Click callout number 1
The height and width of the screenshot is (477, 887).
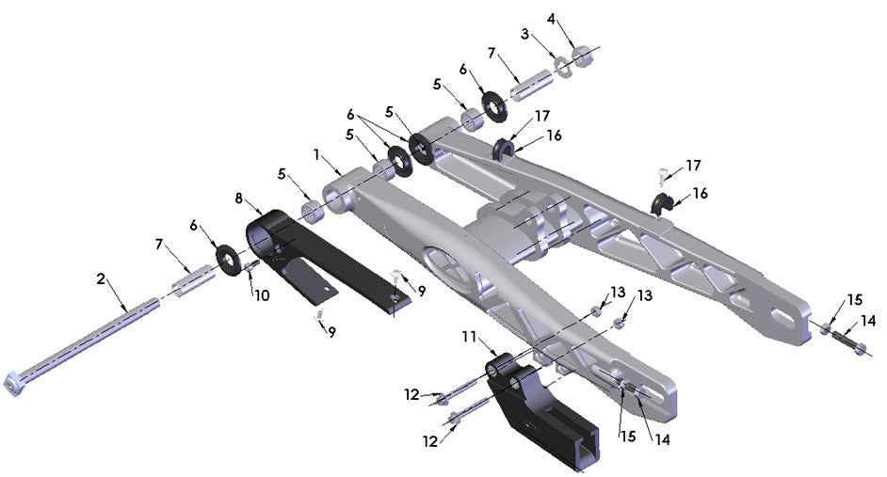(x=317, y=153)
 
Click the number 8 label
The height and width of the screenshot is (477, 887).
(x=239, y=199)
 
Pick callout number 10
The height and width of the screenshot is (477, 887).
(x=262, y=295)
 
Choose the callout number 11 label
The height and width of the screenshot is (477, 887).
(x=469, y=335)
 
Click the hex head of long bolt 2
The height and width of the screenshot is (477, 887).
(x=16, y=385)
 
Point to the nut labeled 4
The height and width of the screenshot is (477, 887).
(x=583, y=57)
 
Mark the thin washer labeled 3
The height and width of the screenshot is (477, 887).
(x=563, y=67)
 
